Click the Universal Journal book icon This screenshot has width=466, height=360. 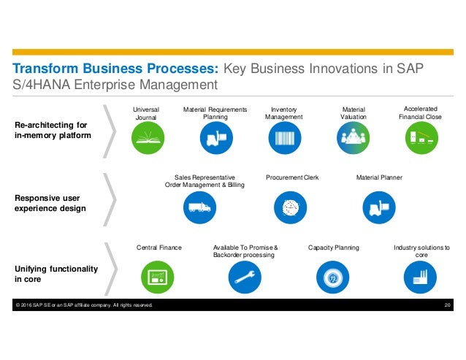pyautogui.click(x=148, y=137)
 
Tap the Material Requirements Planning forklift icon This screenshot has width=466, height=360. pyautogui.click(x=215, y=137)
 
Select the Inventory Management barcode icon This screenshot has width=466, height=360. pyautogui.click(x=284, y=137)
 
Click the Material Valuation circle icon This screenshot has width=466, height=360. pyautogui.click(x=354, y=137)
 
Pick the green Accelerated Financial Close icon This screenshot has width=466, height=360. pyautogui.click(x=422, y=137)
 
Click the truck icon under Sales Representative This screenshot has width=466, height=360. pyautogui.click(x=199, y=207)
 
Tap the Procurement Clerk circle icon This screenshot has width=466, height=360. pyautogui.click(x=291, y=207)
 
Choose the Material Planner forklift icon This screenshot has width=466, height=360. pyautogui.click(x=378, y=207)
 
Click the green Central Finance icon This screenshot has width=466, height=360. pyautogui.click(x=157, y=277)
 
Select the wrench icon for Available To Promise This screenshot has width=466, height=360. pyautogui.click(x=245, y=277)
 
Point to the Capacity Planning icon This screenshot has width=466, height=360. pyautogui.click(x=333, y=277)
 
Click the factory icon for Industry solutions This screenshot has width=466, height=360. pyautogui.click(x=421, y=277)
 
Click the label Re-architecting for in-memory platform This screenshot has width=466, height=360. pyautogui.click(x=52, y=130)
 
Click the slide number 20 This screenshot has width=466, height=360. pyautogui.click(x=448, y=305)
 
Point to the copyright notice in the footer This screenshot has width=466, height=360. pyautogui.click(x=83, y=305)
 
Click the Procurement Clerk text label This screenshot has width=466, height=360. pyautogui.click(x=292, y=177)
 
